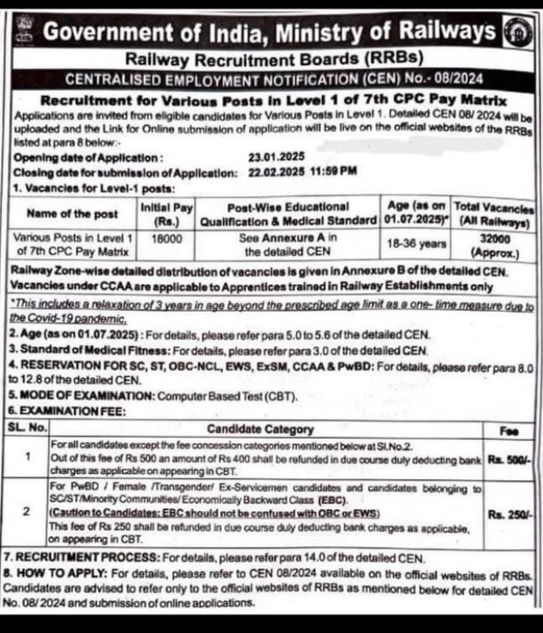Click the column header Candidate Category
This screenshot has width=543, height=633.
click(261, 428)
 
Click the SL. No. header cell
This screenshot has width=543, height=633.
click(26, 428)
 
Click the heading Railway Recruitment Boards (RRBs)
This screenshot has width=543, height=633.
click(271, 59)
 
